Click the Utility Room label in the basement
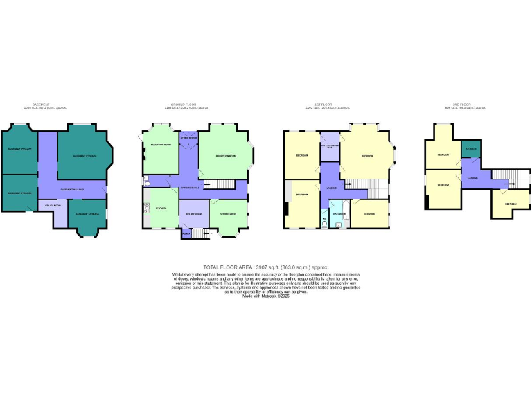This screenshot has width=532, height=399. pyautogui.click(x=53, y=206)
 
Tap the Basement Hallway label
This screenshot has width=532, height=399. pyautogui.click(x=72, y=189)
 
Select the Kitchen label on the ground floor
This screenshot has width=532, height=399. pyautogui.click(x=160, y=208)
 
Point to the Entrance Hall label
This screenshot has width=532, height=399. pyautogui.click(x=190, y=188)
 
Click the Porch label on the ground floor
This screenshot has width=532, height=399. pyautogui.click(x=186, y=234)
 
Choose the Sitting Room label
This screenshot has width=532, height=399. pyautogui.click(x=229, y=214)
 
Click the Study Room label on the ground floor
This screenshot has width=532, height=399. pyautogui.click(x=193, y=214)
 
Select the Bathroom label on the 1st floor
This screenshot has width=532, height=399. pyautogui.click(x=339, y=214)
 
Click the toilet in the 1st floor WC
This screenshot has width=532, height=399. pyautogui.click(x=325, y=223)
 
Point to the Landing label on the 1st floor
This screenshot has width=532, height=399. pyautogui.click(x=332, y=186)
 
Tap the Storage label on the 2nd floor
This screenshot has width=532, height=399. pyautogui.click(x=471, y=149)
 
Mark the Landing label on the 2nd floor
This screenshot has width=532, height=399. pyautogui.click(x=472, y=177)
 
